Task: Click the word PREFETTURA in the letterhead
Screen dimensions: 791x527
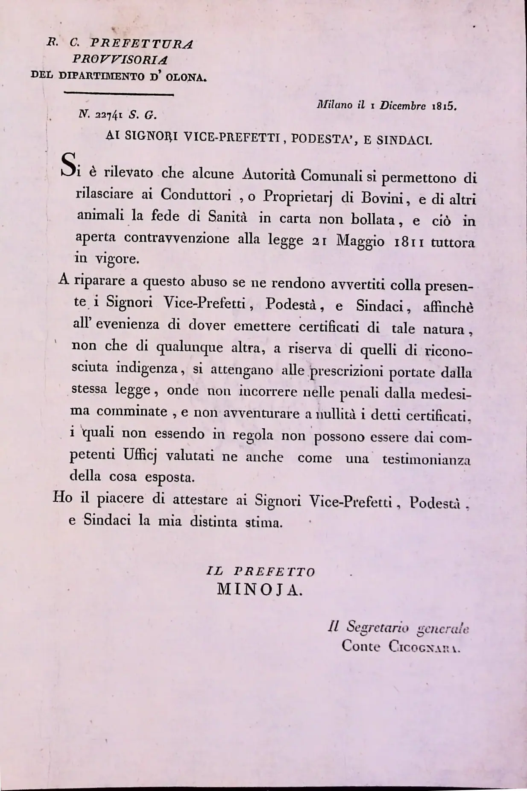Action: click(x=142, y=44)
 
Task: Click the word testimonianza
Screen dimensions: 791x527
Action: click(x=426, y=459)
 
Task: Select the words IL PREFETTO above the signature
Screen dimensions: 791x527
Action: click(x=261, y=572)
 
